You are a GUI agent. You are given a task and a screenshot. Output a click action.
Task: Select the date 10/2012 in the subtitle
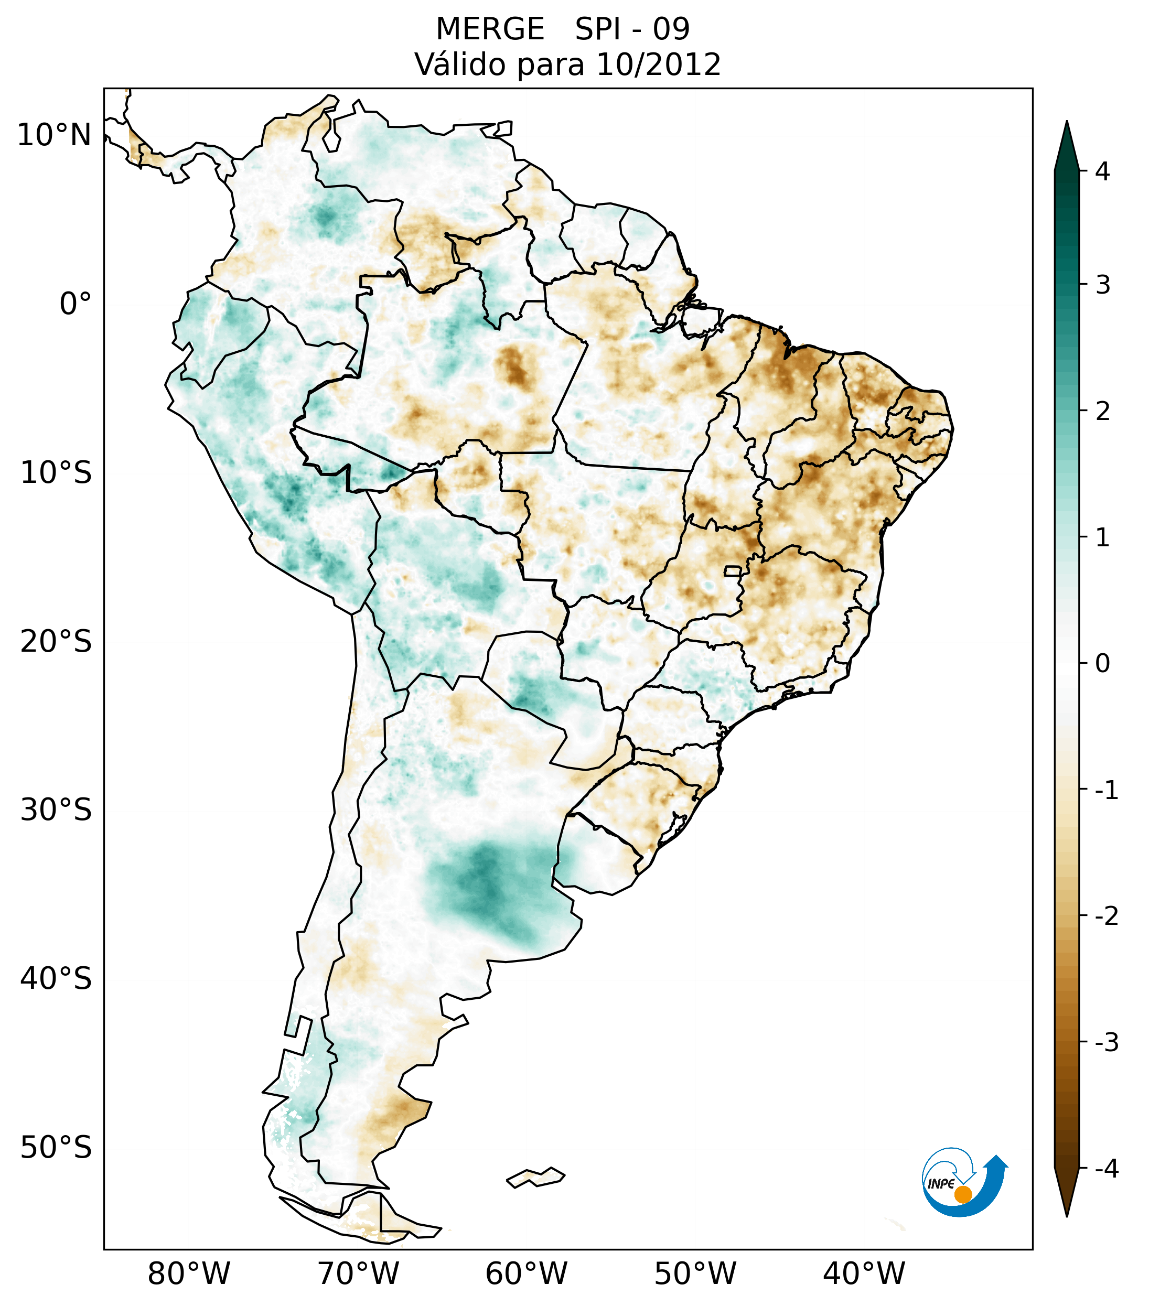658,64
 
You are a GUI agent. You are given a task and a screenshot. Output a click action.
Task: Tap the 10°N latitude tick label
55,135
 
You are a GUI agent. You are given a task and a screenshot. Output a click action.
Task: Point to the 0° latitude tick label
76,304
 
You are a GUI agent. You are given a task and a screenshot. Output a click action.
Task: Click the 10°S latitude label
56,473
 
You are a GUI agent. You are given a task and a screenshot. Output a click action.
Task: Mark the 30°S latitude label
56,810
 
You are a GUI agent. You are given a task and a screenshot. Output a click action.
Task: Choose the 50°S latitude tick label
56,1148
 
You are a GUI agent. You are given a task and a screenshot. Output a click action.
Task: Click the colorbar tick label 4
1102,171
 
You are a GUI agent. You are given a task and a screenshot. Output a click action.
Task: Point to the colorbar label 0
1102,664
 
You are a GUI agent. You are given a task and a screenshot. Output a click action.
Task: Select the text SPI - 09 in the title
632,29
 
